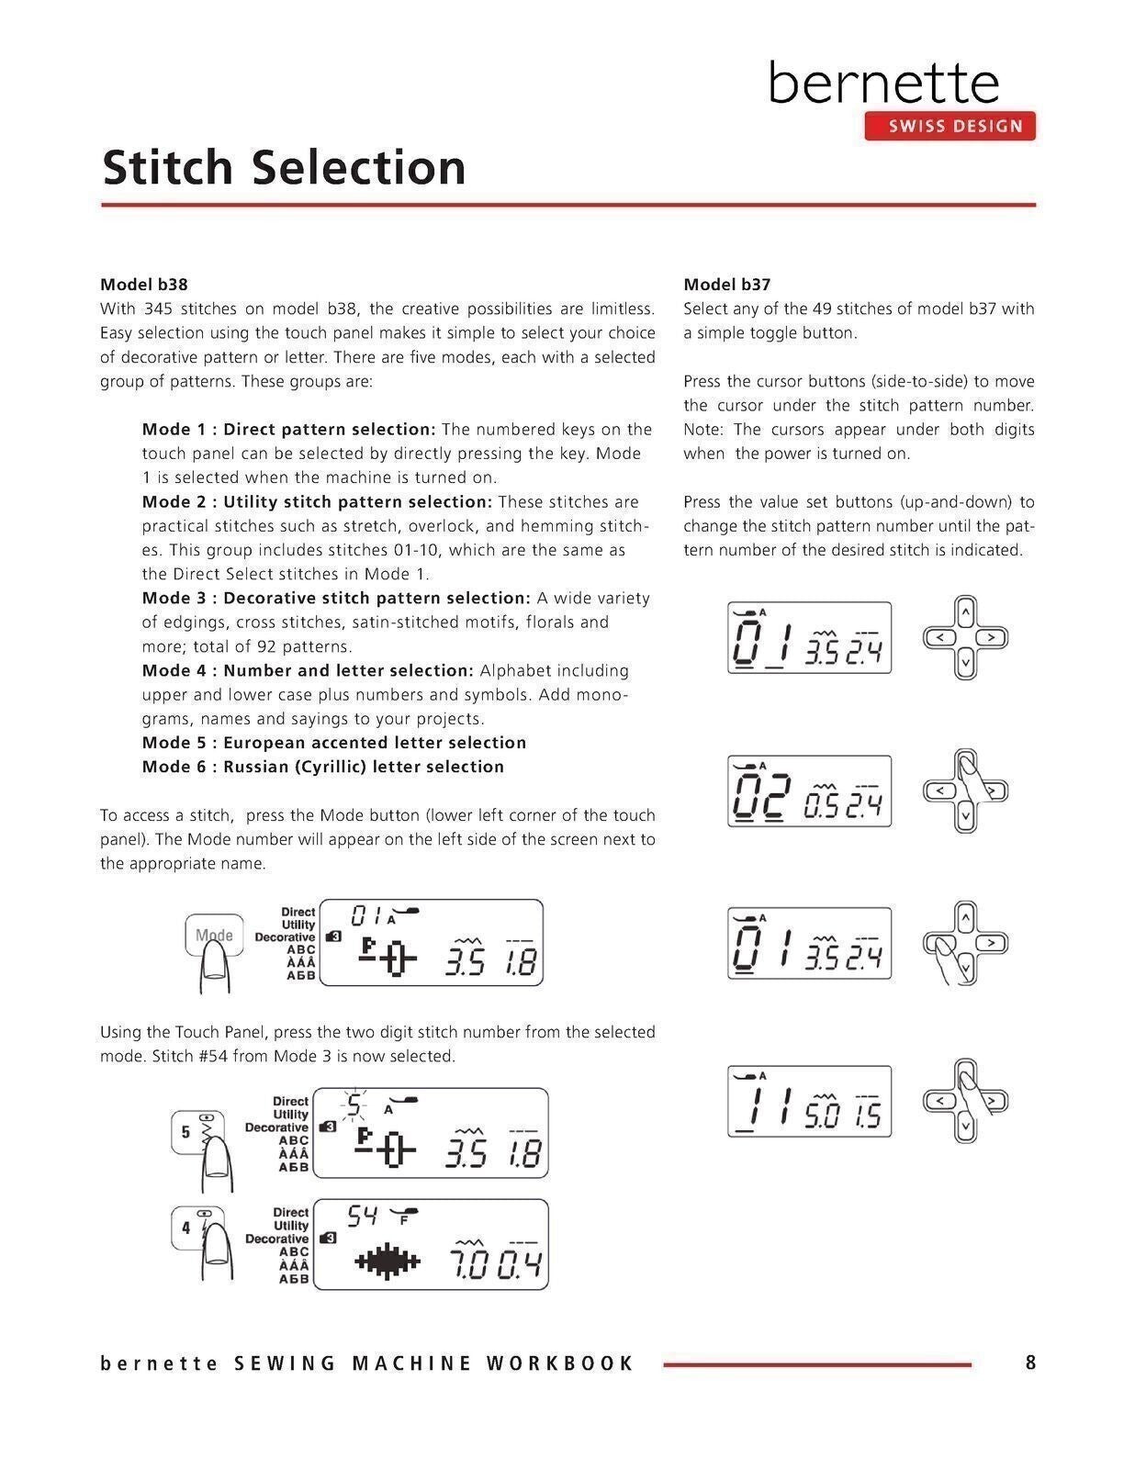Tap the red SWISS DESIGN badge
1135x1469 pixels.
[x=950, y=127]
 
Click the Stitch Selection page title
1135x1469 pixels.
[x=284, y=167]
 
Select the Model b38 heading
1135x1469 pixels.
[x=144, y=285]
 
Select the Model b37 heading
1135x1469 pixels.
[x=726, y=285]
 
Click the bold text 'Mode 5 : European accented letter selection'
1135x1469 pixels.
[x=334, y=743]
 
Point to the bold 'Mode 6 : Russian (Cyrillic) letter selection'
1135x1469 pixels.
[x=323, y=767]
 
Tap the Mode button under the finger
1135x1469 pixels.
[x=214, y=936]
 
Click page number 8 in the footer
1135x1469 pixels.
[x=1030, y=1362]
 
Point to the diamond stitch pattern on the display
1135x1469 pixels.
[x=388, y=1263]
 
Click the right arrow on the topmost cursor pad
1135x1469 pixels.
[x=990, y=637]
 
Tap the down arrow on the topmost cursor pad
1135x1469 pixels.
[x=965, y=662]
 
